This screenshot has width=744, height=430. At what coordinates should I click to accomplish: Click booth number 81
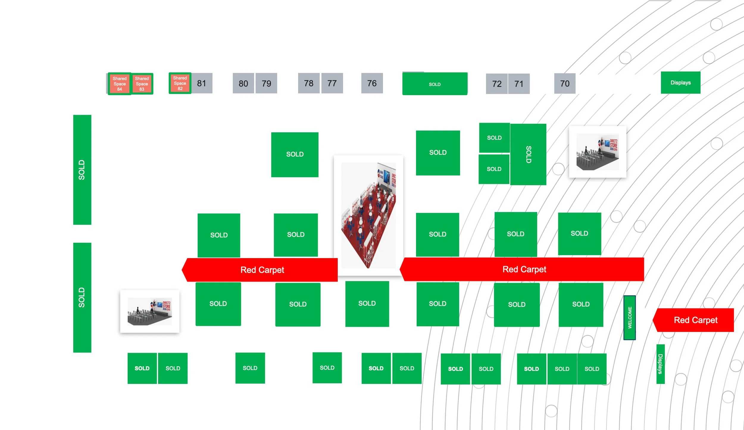pyautogui.click(x=202, y=83)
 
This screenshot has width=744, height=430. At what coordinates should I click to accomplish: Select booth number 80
pyautogui.click(x=243, y=83)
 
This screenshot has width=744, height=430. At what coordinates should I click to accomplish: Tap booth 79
pyautogui.click(x=266, y=83)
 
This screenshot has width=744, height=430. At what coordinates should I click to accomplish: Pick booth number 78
pyautogui.click(x=309, y=83)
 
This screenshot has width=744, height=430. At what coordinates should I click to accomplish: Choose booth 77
pyautogui.click(x=332, y=83)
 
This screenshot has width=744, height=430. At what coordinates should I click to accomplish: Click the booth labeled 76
pyautogui.click(x=372, y=83)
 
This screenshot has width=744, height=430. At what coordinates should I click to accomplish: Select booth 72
pyautogui.click(x=497, y=84)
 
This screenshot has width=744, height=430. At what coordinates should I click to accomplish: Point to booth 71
pyautogui.click(x=519, y=84)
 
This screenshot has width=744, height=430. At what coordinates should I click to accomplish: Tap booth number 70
pyautogui.click(x=565, y=84)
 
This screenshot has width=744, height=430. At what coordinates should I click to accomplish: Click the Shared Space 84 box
pyautogui.click(x=119, y=84)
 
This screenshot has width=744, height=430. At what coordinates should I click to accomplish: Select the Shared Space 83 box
pyautogui.click(x=142, y=84)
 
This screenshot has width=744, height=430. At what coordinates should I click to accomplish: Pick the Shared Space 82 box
pyautogui.click(x=180, y=83)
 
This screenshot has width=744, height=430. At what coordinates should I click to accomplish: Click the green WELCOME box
pyautogui.click(x=629, y=318)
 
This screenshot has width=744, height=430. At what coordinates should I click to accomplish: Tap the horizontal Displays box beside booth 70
pyautogui.click(x=681, y=83)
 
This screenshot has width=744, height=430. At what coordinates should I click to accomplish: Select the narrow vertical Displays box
pyautogui.click(x=660, y=364)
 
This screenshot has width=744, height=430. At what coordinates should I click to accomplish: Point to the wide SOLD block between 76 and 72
pyautogui.click(x=435, y=84)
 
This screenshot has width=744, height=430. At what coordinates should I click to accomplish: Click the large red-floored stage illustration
pyautogui.click(x=368, y=215)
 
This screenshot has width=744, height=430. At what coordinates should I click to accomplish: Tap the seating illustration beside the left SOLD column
pyautogui.click(x=150, y=311)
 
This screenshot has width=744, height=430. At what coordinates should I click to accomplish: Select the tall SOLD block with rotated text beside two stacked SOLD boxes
pyautogui.click(x=528, y=154)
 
